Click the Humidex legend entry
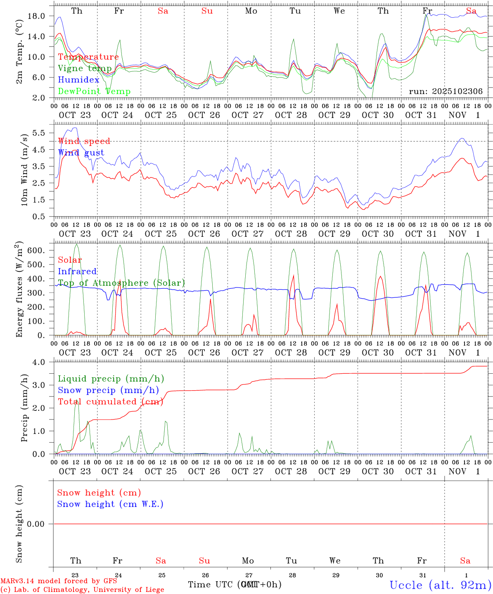[x=78, y=80]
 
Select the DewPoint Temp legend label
[x=94, y=92]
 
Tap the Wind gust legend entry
[x=81, y=153]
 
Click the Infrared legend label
[x=77, y=271]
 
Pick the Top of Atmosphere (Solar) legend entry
[x=121, y=283]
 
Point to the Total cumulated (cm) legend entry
[x=110, y=402]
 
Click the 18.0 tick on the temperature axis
[x=41, y=16]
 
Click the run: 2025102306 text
[x=446, y=92]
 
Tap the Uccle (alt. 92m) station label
[x=441, y=585]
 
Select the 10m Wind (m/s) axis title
[x=24, y=169]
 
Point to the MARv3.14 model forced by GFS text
[x=59, y=581]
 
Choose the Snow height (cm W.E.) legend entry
[x=110, y=504]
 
